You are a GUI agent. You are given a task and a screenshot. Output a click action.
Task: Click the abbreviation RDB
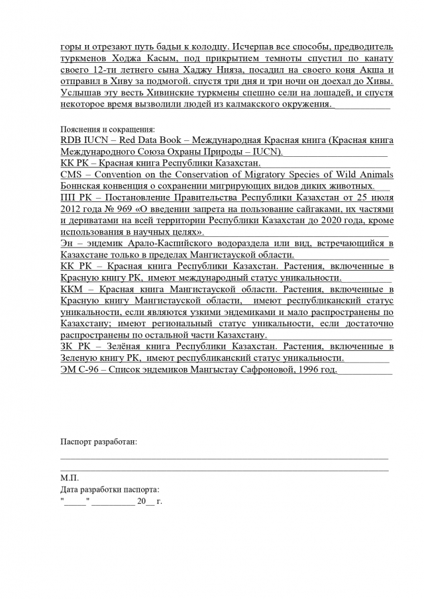(71, 140)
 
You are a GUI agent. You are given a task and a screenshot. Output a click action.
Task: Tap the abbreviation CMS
(71, 175)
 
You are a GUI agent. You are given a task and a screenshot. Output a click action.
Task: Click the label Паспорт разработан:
(99, 441)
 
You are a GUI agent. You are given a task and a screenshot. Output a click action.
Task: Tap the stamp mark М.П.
(69, 477)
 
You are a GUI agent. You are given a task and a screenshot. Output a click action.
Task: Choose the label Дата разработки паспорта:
(109, 489)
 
